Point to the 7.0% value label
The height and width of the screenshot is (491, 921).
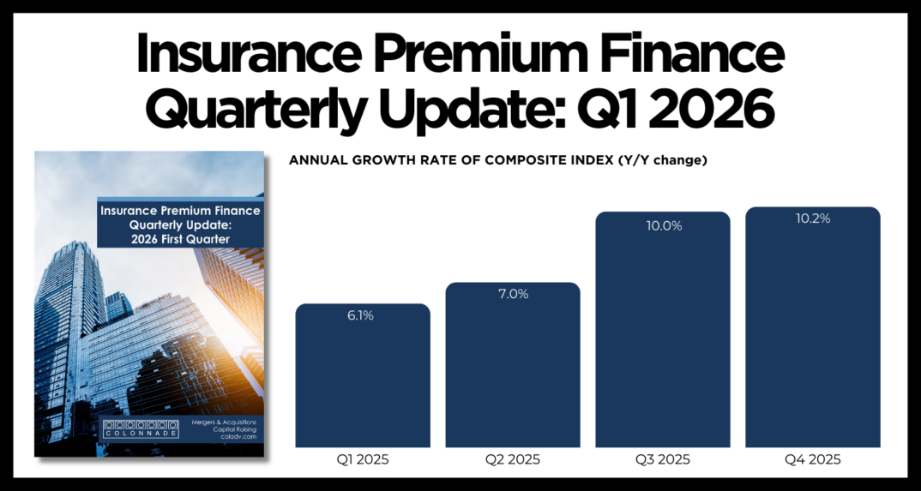coord(513,294)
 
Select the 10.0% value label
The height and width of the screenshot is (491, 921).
coord(663,225)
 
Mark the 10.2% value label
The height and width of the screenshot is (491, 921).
coord(813,219)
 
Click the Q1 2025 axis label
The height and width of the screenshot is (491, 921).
coord(363,459)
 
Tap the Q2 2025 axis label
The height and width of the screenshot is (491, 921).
coord(513,459)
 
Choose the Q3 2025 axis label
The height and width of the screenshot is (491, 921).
coord(663,459)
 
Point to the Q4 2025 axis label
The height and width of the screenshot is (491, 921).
coord(813,459)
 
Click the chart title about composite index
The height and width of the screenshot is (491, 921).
coord(497,160)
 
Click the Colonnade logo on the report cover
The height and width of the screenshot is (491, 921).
coord(140,428)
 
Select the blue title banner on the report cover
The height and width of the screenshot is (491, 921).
coord(180,225)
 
